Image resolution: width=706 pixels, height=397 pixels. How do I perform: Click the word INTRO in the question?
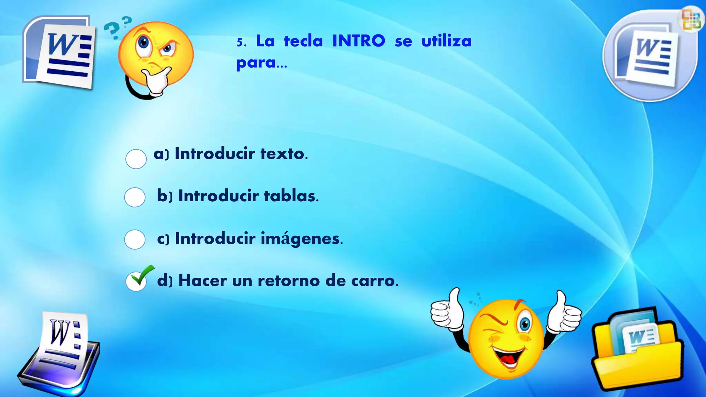point(359,41)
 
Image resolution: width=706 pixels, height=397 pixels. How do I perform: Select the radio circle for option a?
point(136,159)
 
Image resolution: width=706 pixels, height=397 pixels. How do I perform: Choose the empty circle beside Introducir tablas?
point(135,197)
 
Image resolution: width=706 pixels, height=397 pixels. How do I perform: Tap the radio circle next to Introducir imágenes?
point(135,240)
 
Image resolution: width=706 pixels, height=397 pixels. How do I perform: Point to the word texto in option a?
point(283,154)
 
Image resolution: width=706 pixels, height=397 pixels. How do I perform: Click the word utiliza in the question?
point(446,41)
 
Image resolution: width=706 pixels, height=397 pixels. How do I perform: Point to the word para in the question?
point(256,63)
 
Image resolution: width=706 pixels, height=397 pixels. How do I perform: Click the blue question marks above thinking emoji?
point(117,27)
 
